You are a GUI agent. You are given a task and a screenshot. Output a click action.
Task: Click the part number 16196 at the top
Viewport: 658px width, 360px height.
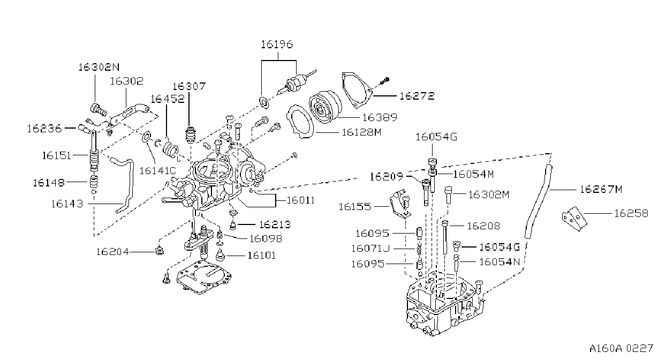coord(277,44)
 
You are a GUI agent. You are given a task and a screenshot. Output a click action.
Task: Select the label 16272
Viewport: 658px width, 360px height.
coord(417,96)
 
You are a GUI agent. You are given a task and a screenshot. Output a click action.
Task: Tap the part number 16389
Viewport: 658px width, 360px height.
coord(380,117)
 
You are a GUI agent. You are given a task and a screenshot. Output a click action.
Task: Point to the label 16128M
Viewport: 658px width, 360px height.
coord(361,132)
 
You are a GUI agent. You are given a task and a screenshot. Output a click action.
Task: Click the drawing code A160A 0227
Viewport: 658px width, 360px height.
coord(621,349)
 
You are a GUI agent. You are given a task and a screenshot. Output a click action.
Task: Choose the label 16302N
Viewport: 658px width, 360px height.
coord(99,67)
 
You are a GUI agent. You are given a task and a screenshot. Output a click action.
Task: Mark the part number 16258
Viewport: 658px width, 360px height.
coord(631,213)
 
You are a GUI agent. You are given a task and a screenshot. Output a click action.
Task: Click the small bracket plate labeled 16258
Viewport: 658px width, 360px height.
coord(574,219)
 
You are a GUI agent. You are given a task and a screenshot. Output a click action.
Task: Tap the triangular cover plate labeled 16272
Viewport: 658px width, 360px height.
coord(357,89)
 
